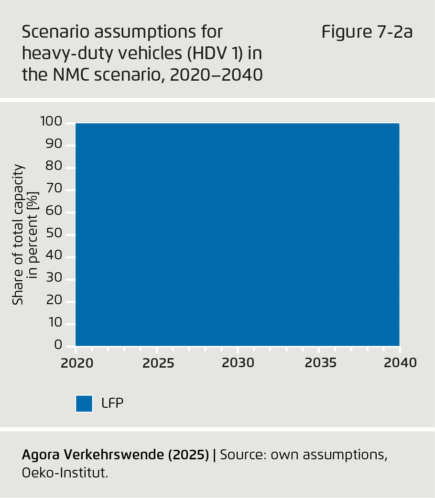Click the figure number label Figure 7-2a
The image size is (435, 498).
pos(367,32)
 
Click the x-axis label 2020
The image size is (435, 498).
pos(77,363)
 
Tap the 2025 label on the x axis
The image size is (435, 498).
pos(158,363)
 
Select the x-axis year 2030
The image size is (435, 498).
pos(238,363)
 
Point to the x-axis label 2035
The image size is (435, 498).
pos(321,363)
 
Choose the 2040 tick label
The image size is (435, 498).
pos(401,363)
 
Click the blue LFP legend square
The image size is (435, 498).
pos(84,403)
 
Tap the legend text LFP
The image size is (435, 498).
pos(112,403)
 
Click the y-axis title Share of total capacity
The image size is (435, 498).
pos(19,234)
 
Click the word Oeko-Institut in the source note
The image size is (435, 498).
pos(65,474)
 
